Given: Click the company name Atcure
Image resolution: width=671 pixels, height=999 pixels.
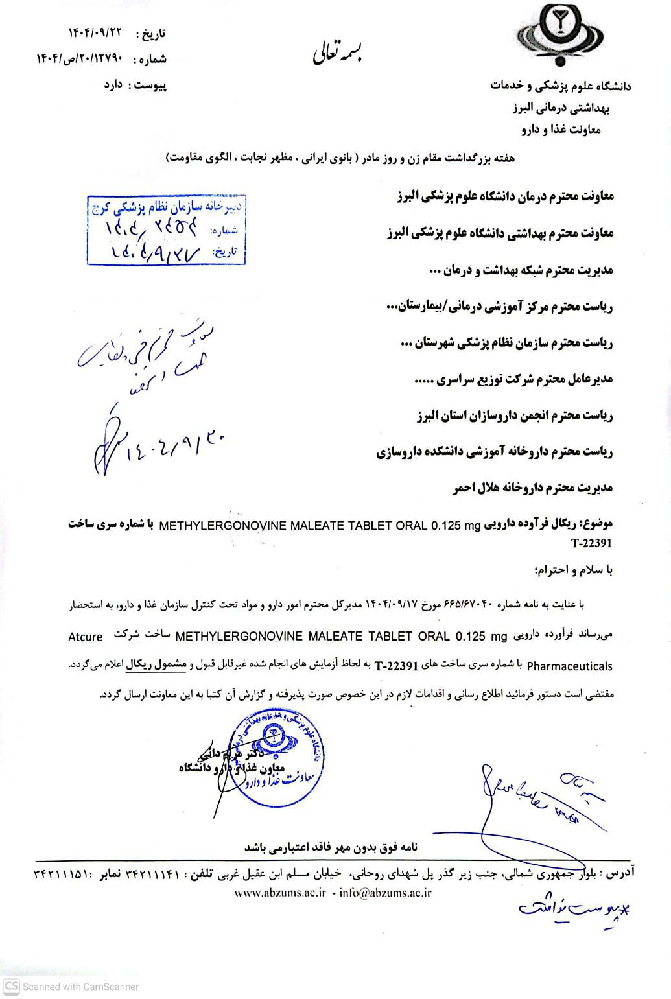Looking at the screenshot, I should point(85,637).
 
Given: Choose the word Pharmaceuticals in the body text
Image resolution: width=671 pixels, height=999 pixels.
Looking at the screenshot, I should point(569,665).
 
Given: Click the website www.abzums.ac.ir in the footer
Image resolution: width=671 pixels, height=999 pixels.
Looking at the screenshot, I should point(280,893).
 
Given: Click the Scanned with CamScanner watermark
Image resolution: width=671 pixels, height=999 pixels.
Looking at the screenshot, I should point(71,987).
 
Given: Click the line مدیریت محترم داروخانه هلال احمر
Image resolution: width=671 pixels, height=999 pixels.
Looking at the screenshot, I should point(532,488).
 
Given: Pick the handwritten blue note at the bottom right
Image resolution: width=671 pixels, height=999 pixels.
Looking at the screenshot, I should point(574,908).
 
